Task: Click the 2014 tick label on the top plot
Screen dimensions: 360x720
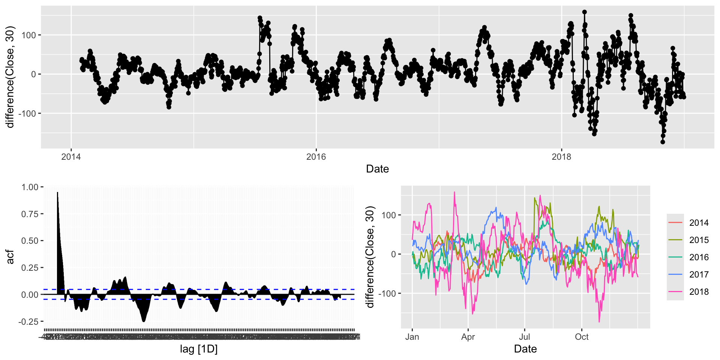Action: click(71, 157)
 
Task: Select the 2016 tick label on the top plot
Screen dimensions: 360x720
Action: click(316, 157)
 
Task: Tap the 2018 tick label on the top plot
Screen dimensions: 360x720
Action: click(561, 157)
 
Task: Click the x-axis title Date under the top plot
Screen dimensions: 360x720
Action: click(377, 169)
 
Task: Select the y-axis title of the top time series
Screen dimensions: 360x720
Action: click(10, 77)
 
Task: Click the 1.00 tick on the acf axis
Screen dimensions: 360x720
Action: click(30, 187)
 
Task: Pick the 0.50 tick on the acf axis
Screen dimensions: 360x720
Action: click(30, 241)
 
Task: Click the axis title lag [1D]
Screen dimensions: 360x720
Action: click(199, 349)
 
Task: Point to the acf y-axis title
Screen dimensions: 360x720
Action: click(10, 257)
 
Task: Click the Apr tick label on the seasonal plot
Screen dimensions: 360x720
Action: click(468, 337)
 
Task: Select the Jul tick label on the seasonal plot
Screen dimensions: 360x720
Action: click(525, 337)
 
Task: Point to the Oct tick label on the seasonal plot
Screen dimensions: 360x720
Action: click(582, 337)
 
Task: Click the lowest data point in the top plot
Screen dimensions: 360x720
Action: click(663, 142)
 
